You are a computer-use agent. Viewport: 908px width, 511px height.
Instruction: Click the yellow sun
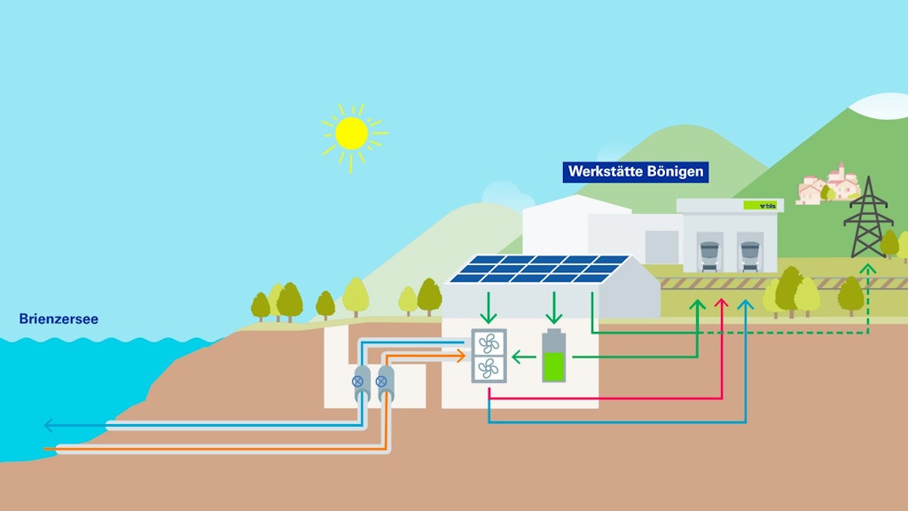click(351, 133)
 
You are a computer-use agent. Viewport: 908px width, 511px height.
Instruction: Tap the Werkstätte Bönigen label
click(636, 171)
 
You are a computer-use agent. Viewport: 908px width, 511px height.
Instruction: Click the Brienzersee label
click(59, 318)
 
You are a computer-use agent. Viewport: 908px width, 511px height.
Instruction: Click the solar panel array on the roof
click(538, 270)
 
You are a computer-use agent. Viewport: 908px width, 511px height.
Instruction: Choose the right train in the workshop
click(750, 255)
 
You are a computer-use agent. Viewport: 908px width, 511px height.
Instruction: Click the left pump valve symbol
click(358, 381)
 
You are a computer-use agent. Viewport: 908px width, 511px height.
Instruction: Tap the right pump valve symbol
click(383, 381)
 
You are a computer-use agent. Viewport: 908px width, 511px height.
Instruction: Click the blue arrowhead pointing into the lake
click(50, 426)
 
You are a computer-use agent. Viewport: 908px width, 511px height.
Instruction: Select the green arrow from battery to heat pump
click(523, 358)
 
